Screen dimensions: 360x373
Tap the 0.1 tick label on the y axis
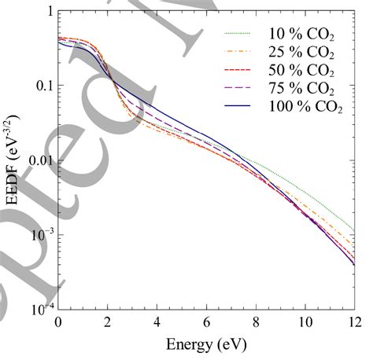42,86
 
